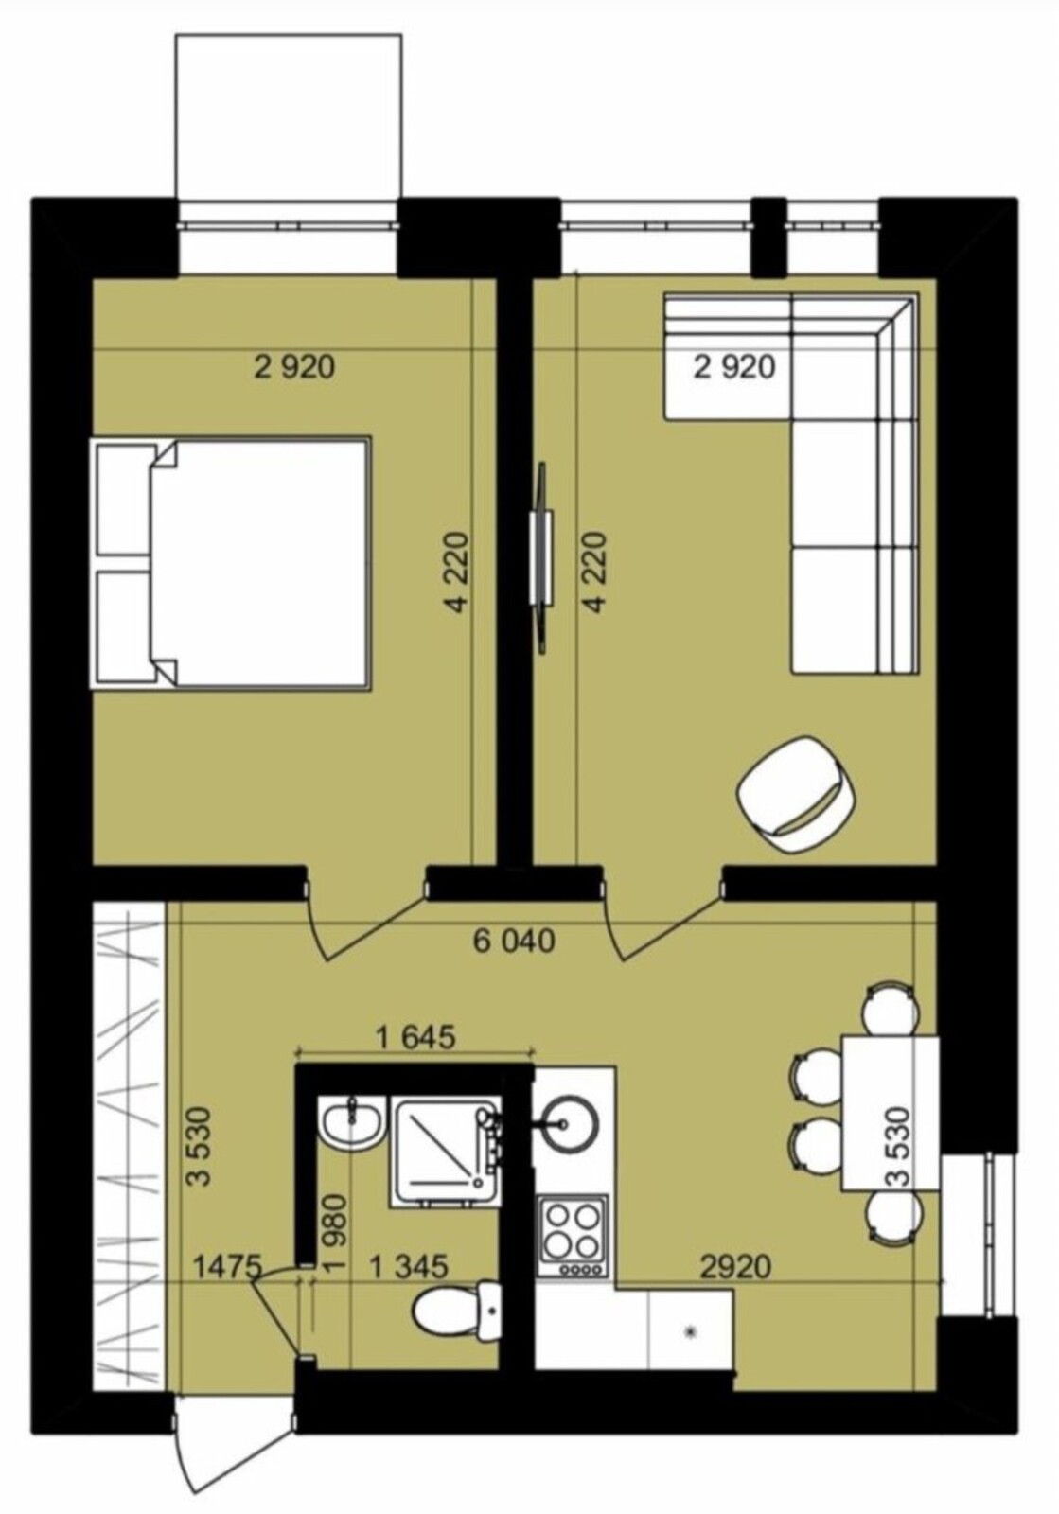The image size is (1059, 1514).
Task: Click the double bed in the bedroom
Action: [230, 563]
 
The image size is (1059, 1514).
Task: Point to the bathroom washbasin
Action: [353, 1123]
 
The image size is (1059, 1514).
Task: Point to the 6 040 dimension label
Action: [514, 942]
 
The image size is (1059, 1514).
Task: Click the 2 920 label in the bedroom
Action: [294, 368]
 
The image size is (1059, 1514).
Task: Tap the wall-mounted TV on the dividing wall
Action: [541, 557]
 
